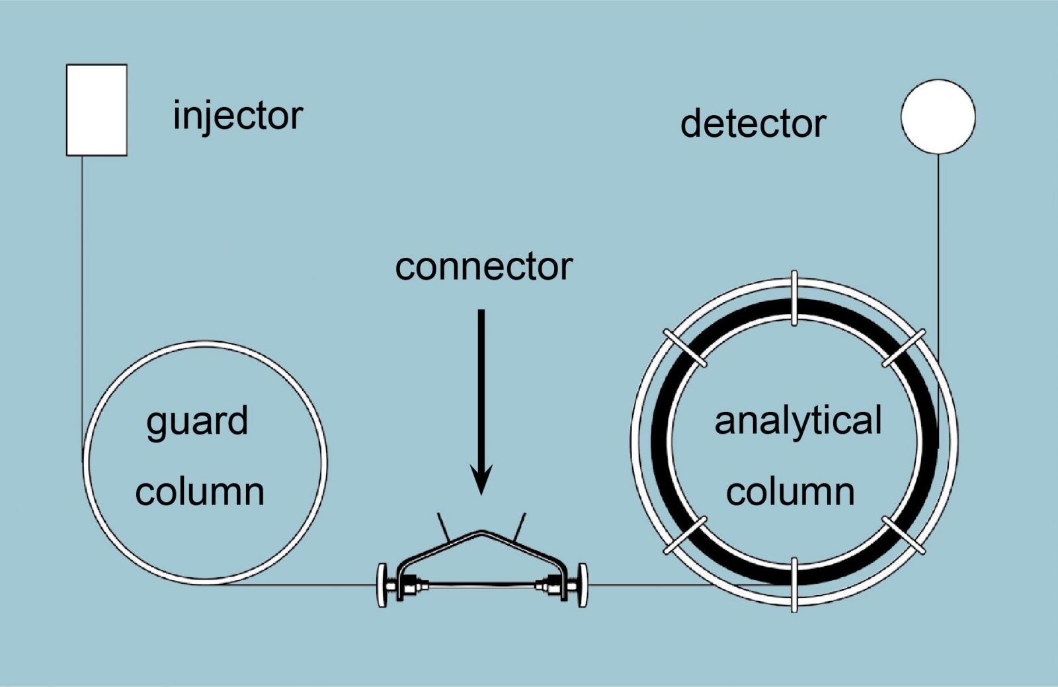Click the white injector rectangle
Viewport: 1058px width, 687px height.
coord(97,110)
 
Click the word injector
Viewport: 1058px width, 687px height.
coord(237,116)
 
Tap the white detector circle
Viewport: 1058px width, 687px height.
coord(938,116)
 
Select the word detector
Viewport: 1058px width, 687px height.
coord(753,124)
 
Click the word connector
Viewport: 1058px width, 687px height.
coord(483,266)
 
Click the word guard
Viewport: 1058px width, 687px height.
coord(197,423)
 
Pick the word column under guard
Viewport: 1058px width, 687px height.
coord(200,492)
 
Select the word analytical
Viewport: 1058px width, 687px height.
coord(798,421)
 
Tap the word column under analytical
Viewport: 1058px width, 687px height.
coord(790,492)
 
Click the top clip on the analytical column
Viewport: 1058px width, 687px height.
coord(794,298)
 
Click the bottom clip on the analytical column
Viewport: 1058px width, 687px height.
coord(794,584)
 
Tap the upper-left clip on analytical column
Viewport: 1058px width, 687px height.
coord(685,347)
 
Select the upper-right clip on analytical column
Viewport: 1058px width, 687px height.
coord(903,347)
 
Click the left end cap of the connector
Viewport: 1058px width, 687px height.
coord(382,585)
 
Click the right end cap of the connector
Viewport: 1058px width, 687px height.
coord(581,585)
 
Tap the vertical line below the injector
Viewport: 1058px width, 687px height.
coord(82,298)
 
